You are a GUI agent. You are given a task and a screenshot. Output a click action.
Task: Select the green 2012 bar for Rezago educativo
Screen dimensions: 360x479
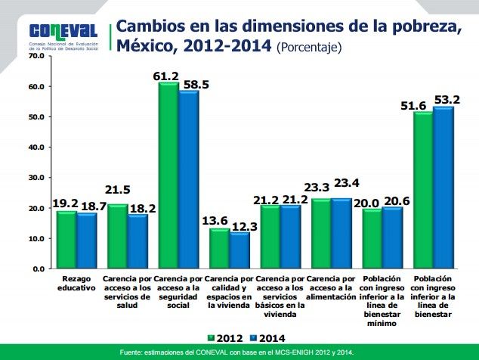(67, 240)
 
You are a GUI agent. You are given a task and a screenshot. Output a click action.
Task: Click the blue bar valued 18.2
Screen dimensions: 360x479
(137, 241)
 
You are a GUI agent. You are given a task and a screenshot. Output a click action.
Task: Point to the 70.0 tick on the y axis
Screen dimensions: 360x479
(35, 56)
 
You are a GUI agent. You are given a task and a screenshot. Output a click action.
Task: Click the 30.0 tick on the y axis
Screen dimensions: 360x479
(35, 178)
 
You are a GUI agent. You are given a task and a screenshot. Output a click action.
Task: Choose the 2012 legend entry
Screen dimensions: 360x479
(224, 338)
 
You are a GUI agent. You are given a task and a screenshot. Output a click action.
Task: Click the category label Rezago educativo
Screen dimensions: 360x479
(77, 284)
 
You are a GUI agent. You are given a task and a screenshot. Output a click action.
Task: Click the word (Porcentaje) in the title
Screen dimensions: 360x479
(309, 47)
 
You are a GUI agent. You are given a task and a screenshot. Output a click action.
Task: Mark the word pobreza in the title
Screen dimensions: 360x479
(427, 28)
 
